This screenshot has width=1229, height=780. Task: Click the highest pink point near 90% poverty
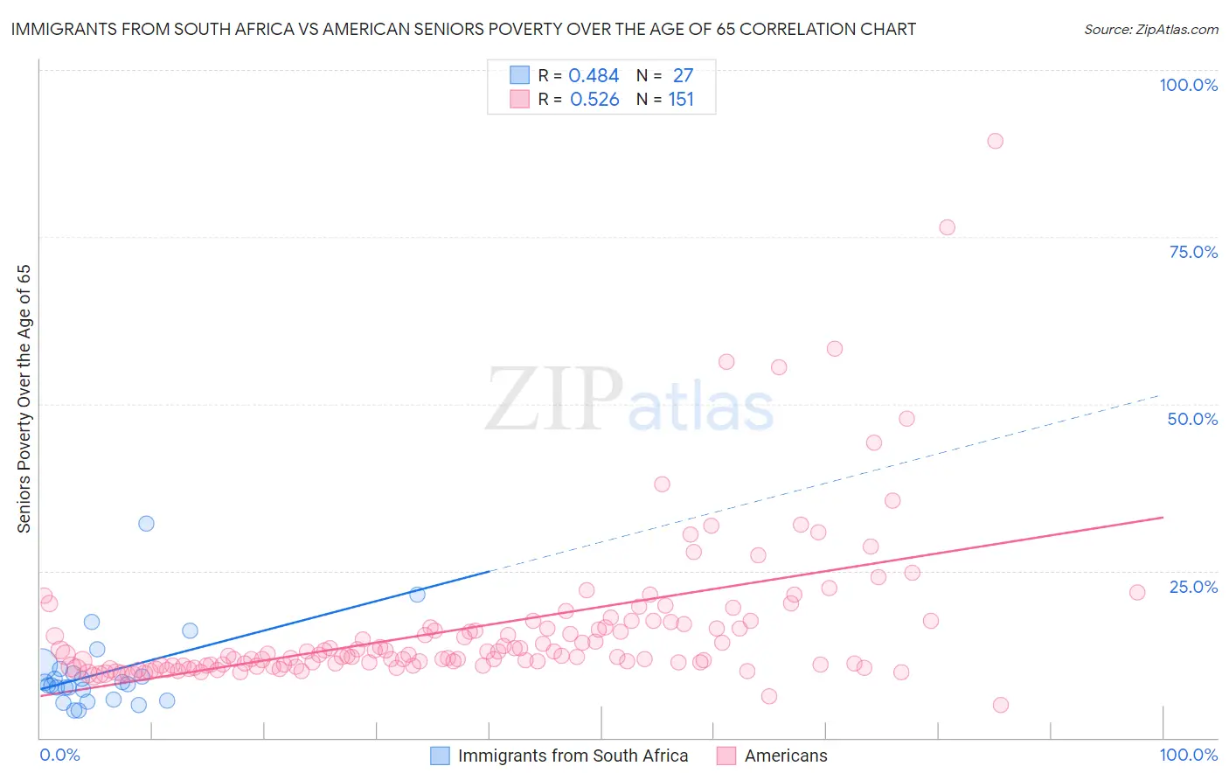tap(995, 141)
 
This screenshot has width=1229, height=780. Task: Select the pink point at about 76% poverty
tap(947, 227)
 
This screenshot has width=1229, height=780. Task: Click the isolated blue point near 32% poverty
tap(146, 524)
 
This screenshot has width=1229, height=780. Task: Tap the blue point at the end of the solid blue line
tap(418, 595)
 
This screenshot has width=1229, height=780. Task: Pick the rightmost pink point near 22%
tap(1137, 592)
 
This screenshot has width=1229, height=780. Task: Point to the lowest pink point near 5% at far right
tap(1001, 705)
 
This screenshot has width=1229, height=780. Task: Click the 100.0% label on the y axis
tap(1188, 85)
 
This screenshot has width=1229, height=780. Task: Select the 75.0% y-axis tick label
tap(1193, 252)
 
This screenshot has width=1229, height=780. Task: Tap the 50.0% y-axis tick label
tap(1192, 419)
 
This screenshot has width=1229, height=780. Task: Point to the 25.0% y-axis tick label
tap(1193, 587)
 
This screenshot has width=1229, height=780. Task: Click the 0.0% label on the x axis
tap(59, 755)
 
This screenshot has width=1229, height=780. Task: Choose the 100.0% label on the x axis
tap(1188, 755)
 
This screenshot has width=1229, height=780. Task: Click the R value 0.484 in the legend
tap(594, 76)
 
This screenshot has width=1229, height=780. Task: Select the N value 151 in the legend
tap(681, 100)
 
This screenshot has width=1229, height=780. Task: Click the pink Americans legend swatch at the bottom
tap(726, 756)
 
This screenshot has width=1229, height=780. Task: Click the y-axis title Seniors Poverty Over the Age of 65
tap(24, 399)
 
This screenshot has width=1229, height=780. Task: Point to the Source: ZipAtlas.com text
tap(1150, 30)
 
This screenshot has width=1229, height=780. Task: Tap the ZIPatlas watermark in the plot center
tap(629, 400)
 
